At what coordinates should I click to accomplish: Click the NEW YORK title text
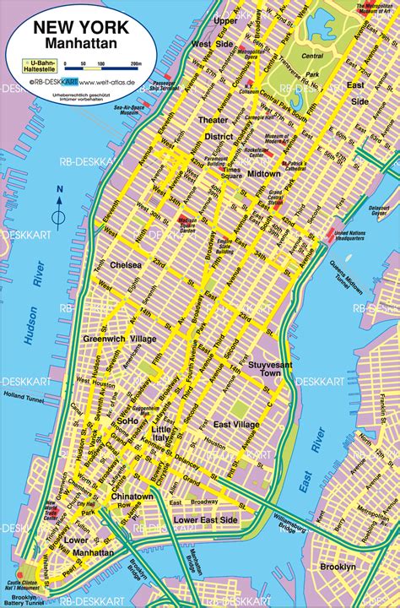(81, 28)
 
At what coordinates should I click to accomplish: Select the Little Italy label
(162, 435)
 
